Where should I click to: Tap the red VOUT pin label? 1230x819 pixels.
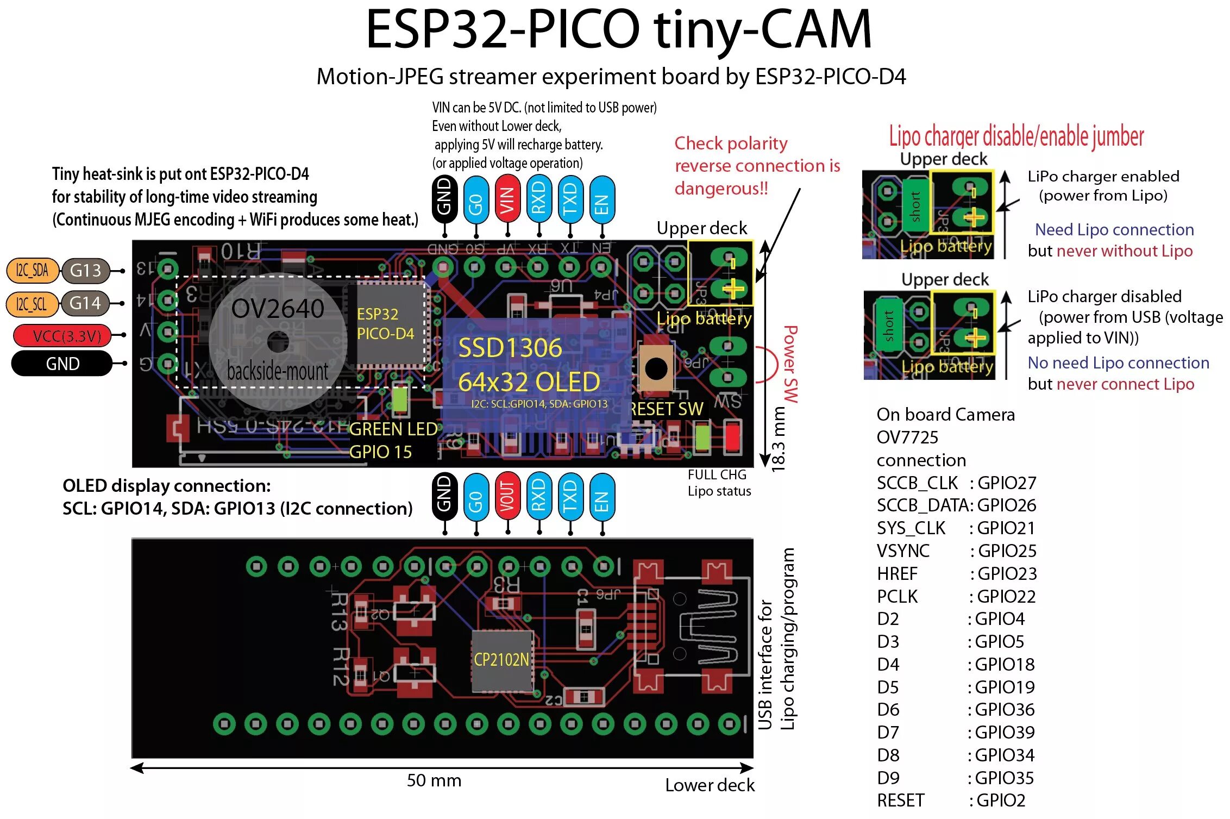click(507, 497)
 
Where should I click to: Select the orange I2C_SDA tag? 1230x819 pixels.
click(32, 271)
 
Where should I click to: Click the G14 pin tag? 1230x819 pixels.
click(85, 303)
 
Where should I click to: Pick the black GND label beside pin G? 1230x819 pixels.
click(62, 364)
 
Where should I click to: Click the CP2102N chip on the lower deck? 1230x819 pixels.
click(501, 660)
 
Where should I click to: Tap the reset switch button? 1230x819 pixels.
click(656, 369)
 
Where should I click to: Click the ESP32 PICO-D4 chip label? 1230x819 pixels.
click(385, 323)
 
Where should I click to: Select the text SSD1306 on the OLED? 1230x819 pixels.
click(510, 348)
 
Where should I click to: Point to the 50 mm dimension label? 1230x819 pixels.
click(434, 780)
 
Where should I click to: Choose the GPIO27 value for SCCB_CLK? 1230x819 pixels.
click(1007, 483)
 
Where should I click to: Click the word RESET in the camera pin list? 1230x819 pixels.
click(900, 800)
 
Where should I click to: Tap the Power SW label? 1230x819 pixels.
click(790, 364)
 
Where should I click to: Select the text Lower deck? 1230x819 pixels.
click(710, 785)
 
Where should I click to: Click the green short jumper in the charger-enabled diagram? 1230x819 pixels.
click(915, 207)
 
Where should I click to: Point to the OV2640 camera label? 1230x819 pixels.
click(278, 309)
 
